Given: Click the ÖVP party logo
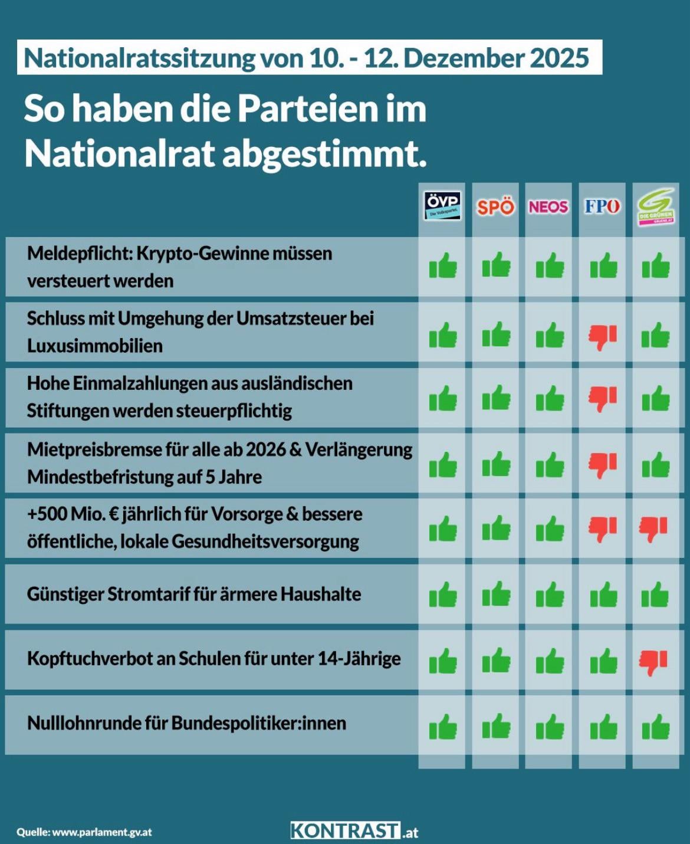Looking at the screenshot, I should coord(442,206).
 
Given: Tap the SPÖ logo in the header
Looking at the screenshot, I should coord(495,207).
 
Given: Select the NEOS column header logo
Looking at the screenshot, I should coord(548,207).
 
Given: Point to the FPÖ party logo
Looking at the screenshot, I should coord(602,206).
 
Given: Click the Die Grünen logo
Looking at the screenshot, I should coord(656,207).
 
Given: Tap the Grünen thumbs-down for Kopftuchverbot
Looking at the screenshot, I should coord(654,662).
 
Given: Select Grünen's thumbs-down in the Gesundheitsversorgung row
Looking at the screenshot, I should coord(654,529).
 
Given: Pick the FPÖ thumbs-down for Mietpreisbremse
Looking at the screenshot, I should coord(603,465).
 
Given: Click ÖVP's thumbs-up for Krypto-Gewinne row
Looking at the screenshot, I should coord(443,266).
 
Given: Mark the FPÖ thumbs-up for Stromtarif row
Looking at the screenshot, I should coord(603,595).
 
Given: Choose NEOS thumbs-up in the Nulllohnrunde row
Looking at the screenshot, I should coord(550,727).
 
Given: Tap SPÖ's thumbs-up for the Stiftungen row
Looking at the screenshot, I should coord(496,398).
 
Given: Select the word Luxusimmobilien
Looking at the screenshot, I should coord(94,346).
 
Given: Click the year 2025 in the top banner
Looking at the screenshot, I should coord(559,58).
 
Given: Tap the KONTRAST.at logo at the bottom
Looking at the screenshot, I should coord(354,831).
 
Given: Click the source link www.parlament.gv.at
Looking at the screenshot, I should coord(101,832).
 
